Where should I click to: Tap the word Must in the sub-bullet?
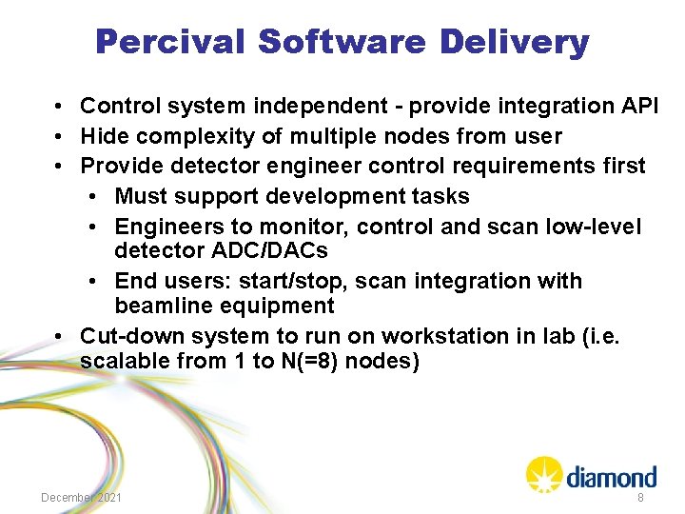(139, 196)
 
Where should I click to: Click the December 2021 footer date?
(81, 498)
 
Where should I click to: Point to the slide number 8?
(640, 498)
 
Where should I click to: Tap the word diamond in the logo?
(611, 476)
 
